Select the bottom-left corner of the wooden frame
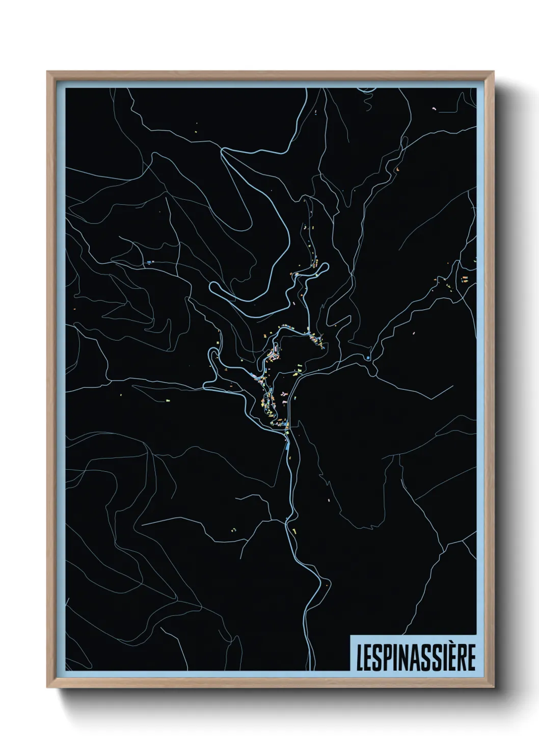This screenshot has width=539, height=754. [x=48, y=688]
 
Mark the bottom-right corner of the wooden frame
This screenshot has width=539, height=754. [x=494, y=688]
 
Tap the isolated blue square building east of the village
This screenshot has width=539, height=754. [x=367, y=358]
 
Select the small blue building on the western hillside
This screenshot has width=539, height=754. [x=148, y=262]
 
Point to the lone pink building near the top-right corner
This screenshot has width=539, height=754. [x=434, y=108]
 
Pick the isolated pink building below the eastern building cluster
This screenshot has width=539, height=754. [x=413, y=333]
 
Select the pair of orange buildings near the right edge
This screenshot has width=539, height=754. [x=465, y=278]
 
